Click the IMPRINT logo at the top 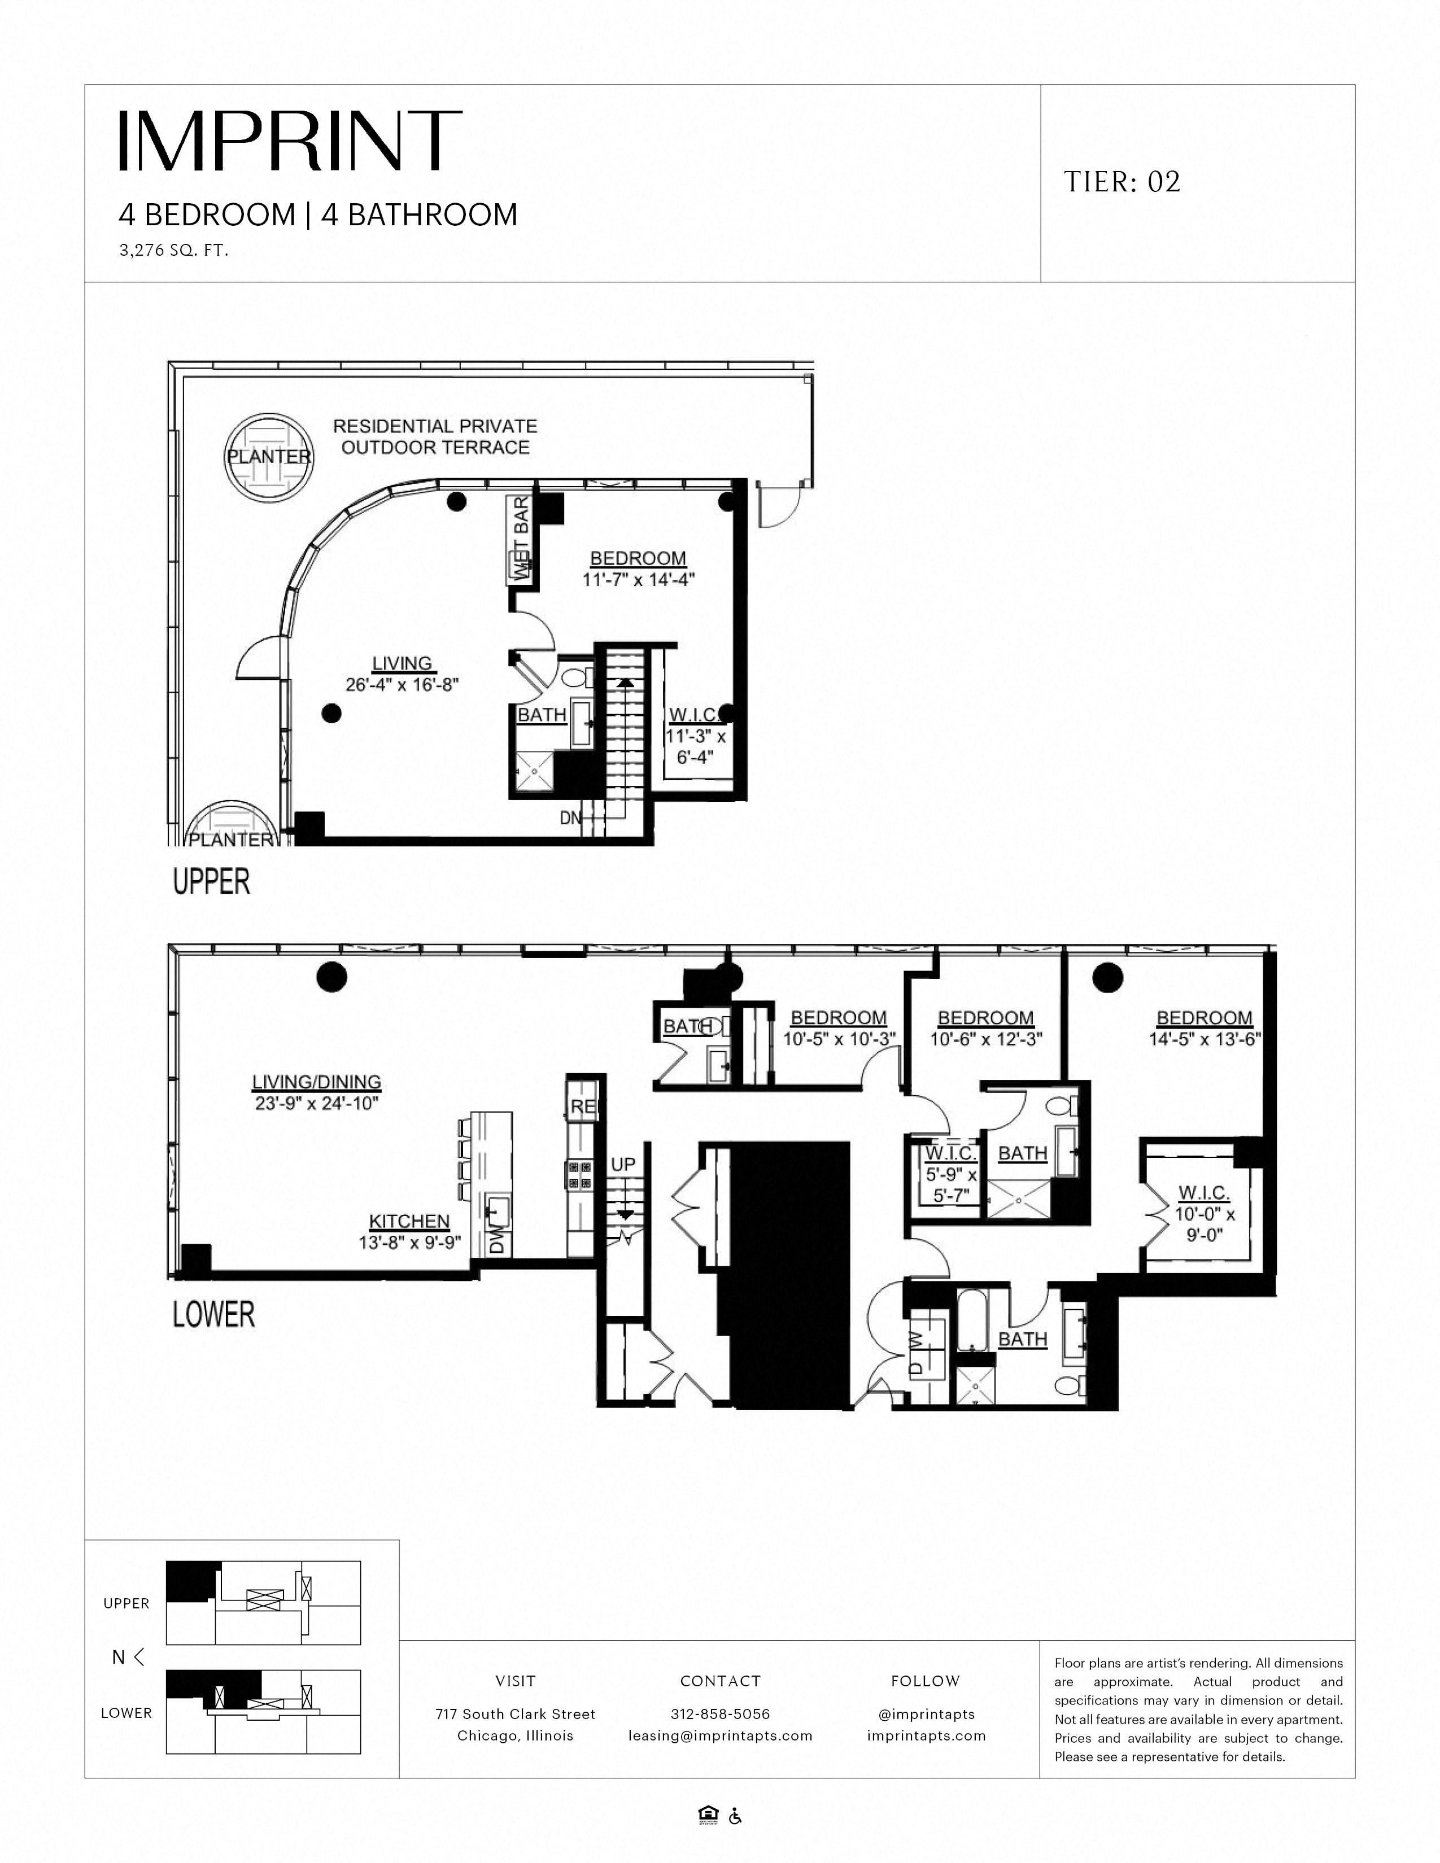(290, 140)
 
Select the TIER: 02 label (1122, 182)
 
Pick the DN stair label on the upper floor (570, 818)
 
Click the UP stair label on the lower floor (623, 1164)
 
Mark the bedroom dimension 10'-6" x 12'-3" (986, 1040)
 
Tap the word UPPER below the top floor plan (212, 881)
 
